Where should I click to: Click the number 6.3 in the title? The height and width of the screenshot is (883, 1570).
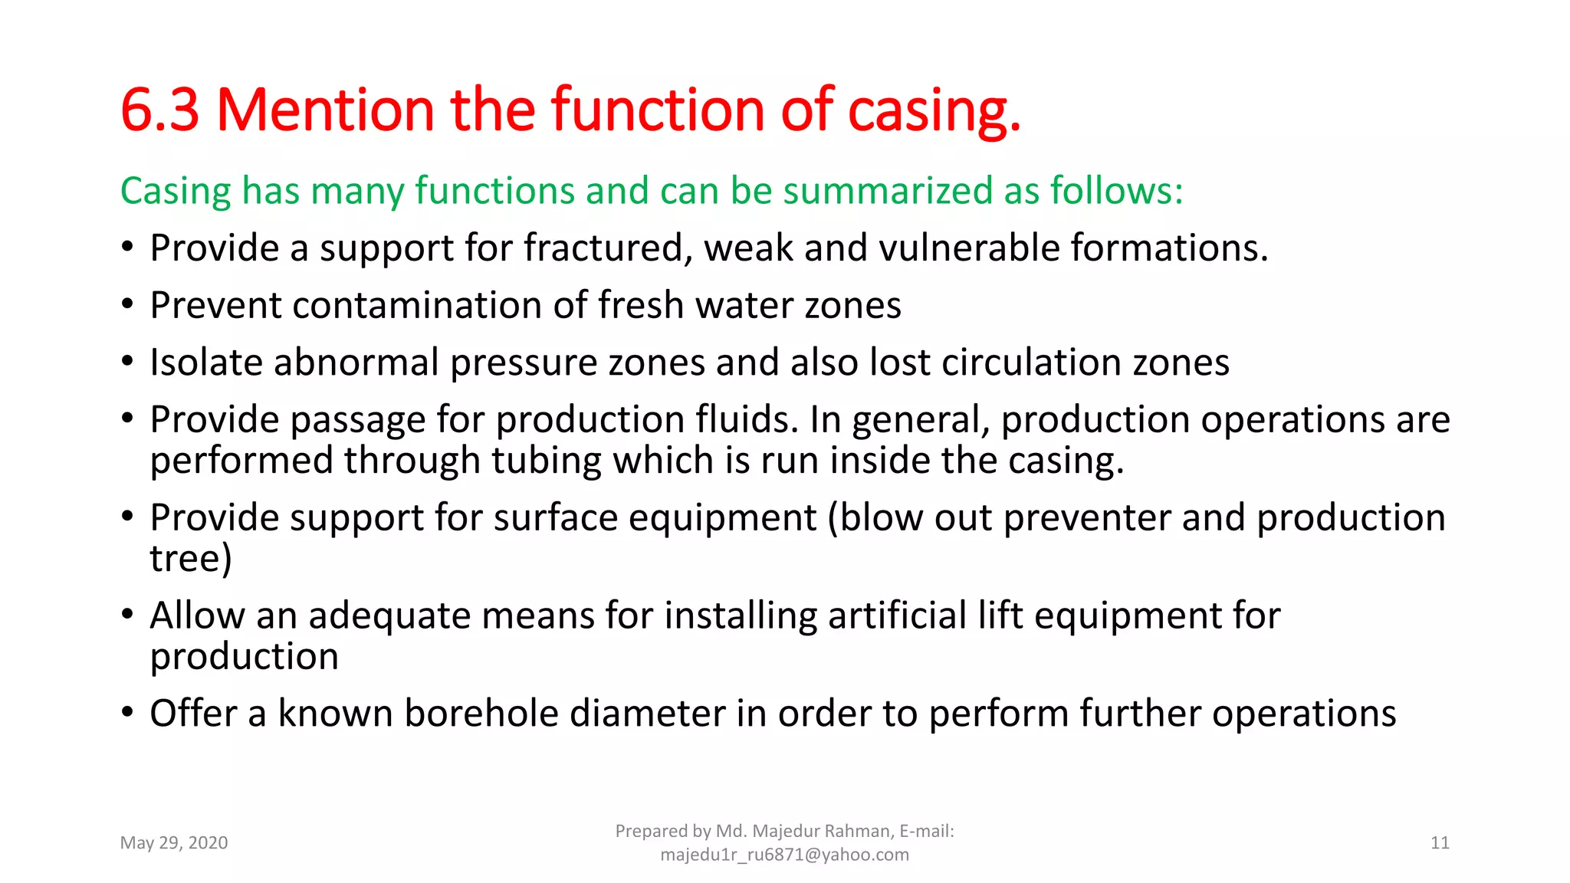[x=159, y=110]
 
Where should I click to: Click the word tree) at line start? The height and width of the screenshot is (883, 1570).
[x=190, y=558]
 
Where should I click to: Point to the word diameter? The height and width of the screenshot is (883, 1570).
[x=647, y=714]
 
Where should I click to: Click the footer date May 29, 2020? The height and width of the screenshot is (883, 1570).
[x=174, y=843]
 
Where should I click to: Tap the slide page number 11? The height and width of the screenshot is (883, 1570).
[x=1440, y=843]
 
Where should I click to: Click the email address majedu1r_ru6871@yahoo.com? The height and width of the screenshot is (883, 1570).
[x=784, y=855]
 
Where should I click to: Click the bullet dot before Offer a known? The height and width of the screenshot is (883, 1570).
[x=127, y=713]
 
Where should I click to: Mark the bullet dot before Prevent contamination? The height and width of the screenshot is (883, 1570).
[x=127, y=305]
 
